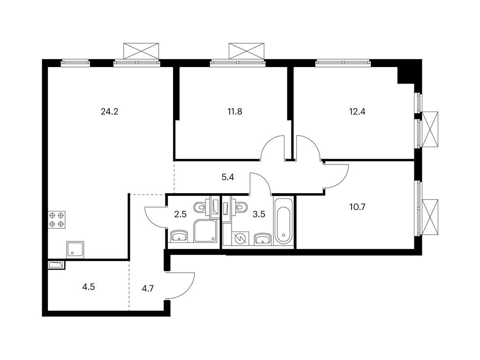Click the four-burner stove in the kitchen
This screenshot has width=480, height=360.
(x=57, y=219)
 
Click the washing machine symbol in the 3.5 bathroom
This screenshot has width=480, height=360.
(x=239, y=239)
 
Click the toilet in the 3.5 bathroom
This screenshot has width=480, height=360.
(x=241, y=206)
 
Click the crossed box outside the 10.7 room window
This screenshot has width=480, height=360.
(x=430, y=217)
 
